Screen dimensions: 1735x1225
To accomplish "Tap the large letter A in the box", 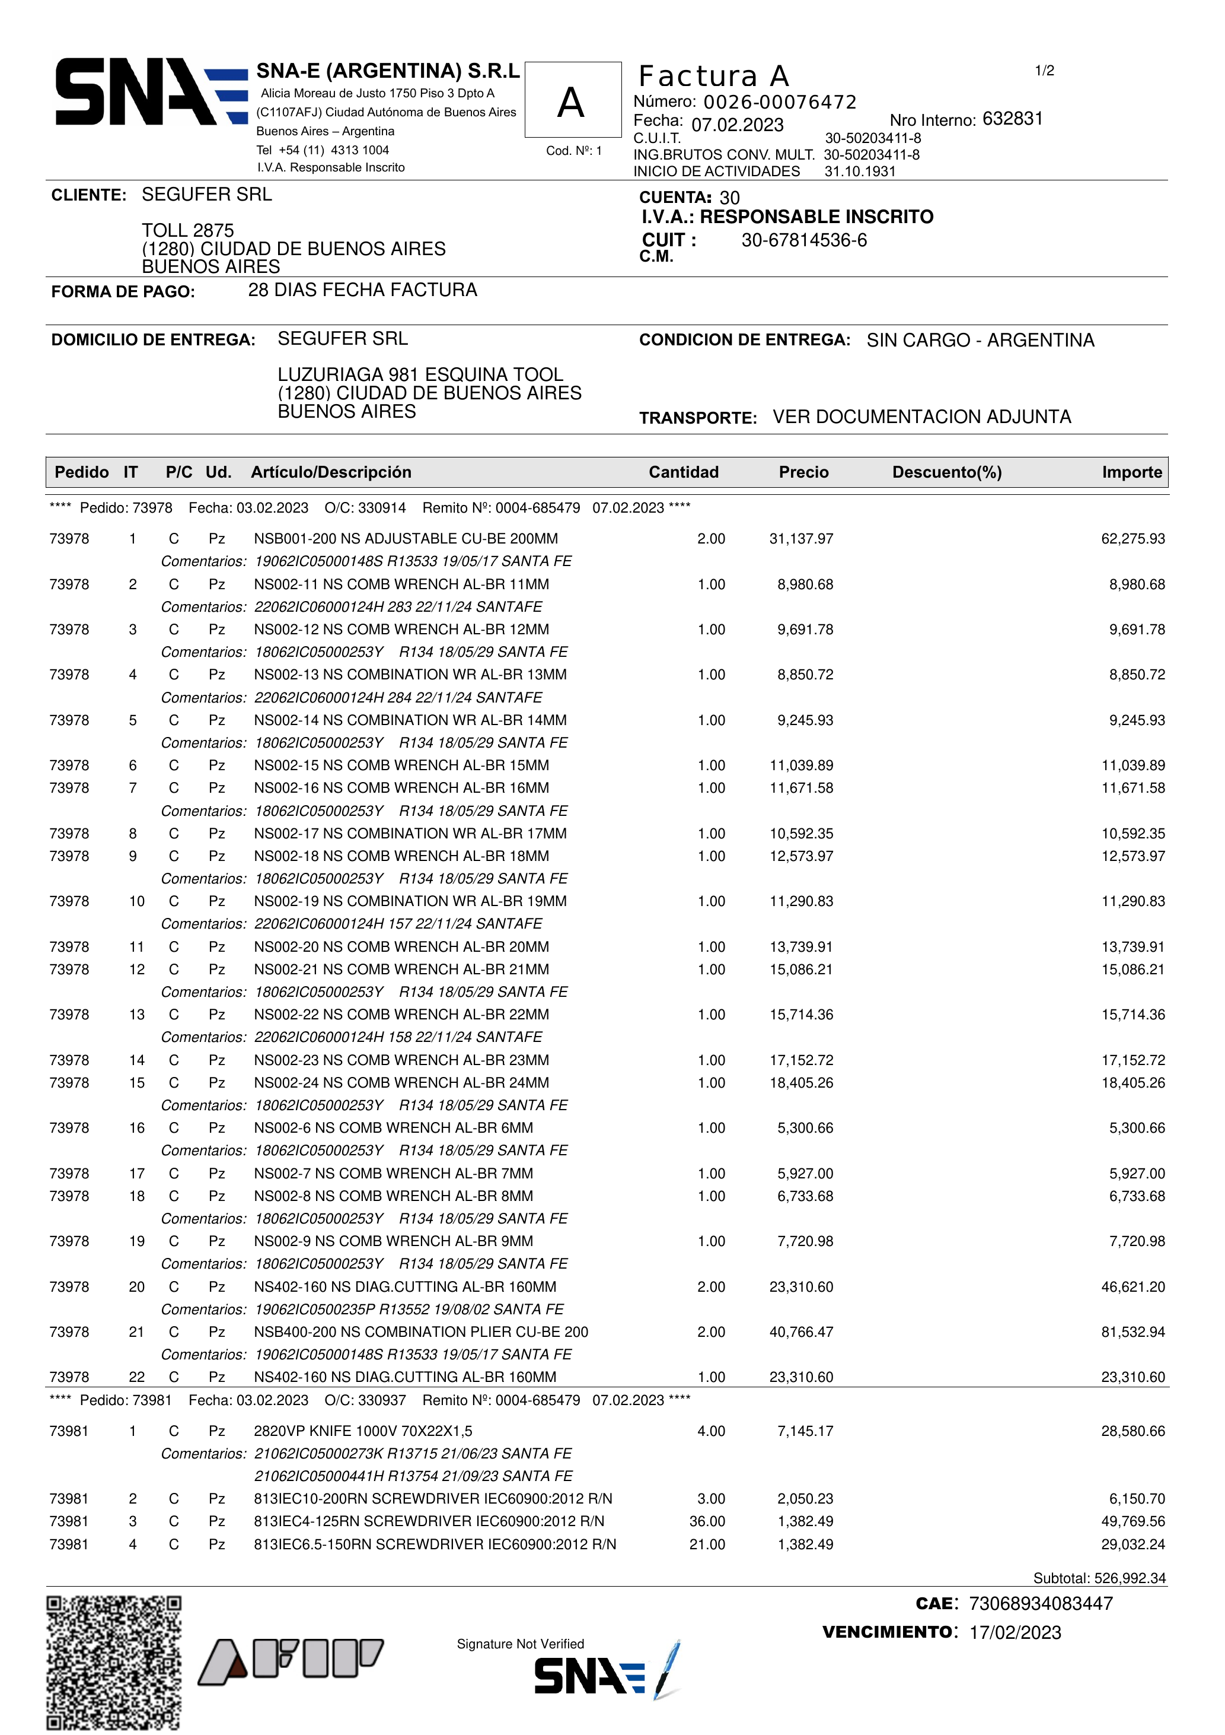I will click(571, 103).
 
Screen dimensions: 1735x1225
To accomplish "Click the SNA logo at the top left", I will click(151, 91).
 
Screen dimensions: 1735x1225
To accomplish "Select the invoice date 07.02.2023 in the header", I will click(737, 125).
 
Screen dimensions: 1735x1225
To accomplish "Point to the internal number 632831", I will click(1012, 119).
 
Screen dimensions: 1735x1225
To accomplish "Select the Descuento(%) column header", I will click(946, 472).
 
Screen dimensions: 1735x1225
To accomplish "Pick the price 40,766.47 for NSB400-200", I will click(800, 1332).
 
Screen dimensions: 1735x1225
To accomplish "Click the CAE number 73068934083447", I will click(1040, 1603).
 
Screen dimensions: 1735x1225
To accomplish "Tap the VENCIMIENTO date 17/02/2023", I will click(1015, 1632).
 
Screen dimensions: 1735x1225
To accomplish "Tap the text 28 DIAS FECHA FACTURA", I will click(362, 290).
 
